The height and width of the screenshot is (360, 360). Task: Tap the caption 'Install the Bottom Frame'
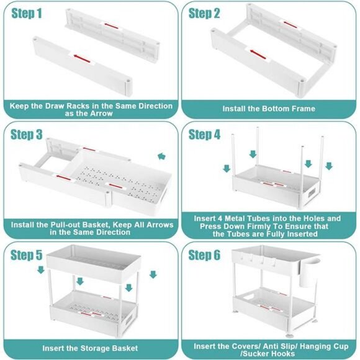pos(269,109)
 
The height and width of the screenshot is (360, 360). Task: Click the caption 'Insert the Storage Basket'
pos(90,349)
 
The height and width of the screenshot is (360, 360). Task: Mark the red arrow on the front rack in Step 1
pos(79,58)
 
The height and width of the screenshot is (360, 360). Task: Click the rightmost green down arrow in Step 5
pos(153,274)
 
